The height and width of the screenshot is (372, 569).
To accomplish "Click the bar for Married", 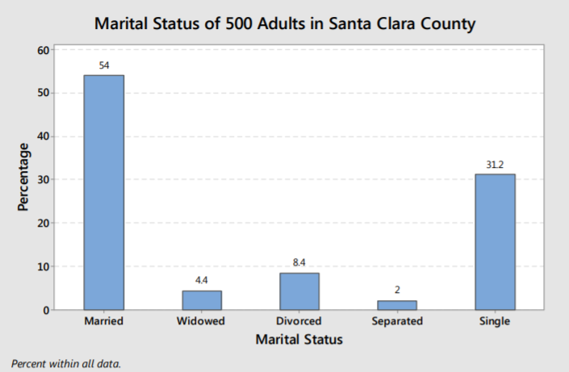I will [x=103, y=192].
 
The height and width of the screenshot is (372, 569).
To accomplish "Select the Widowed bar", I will [x=201, y=299].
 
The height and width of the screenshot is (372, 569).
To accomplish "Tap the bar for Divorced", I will [x=299, y=290].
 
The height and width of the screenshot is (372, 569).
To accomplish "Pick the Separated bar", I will [x=397, y=304].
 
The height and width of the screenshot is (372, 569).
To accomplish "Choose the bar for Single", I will [x=495, y=241].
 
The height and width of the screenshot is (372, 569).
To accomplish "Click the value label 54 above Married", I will [x=104, y=65].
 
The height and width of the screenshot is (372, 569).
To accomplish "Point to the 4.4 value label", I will [x=202, y=280].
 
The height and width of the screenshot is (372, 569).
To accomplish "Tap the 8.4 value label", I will [x=299, y=262].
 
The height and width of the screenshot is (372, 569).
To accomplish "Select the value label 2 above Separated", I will [x=397, y=290].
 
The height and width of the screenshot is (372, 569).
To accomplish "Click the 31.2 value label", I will [x=495, y=165].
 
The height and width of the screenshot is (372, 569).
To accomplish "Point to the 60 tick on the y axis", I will [x=44, y=50].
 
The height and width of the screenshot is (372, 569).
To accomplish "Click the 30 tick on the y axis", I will [x=44, y=180].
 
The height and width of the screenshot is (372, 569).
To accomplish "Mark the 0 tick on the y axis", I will [x=48, y=310].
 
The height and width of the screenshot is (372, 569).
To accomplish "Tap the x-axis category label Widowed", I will [x=201, y=321].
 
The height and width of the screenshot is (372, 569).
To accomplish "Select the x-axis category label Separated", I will [x=397, y=321].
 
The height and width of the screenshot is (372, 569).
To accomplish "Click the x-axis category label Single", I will [x=495, y=321].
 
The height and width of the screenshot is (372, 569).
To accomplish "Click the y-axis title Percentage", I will [x=23, y=177].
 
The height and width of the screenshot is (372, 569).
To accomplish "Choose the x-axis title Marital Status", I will [x=299, y=340].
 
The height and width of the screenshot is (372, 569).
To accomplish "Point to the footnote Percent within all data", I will [x=66, y=363].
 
